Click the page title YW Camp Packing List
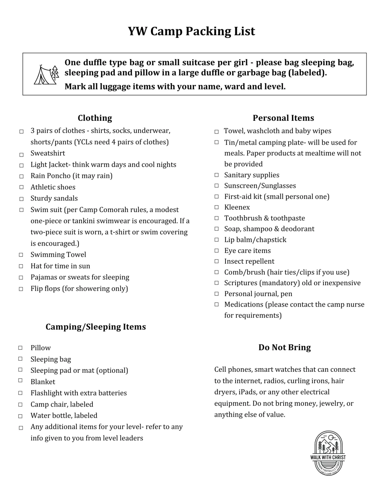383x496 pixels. [191, 31]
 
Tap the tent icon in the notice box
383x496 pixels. [46, 75]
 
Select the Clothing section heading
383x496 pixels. [95, 118]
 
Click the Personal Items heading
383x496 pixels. [283, 118]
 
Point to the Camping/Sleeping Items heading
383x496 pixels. [96, 327]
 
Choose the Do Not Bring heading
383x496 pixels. [284, 347]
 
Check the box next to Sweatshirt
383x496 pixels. [21, 155]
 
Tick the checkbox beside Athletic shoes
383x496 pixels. [21, 187]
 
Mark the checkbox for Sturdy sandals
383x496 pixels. [21, 199]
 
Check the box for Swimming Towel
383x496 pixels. [21, 255]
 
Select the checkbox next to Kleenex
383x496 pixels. [217, 207]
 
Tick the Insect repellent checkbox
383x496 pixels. [217, 261]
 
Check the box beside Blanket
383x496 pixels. [20, 380]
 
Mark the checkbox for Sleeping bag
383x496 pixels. [20, 359]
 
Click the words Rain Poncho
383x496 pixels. [50, 176]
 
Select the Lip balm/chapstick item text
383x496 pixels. [255, 240]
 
